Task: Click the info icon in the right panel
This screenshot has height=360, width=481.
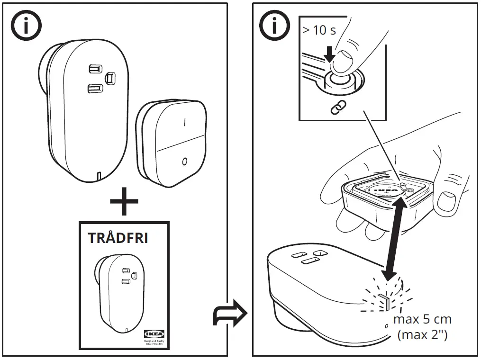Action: (274, 26)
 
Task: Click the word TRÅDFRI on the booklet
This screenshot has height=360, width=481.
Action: (118, 238)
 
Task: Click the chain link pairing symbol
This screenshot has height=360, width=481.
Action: (338, 108)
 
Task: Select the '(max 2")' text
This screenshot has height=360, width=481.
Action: (422, 335)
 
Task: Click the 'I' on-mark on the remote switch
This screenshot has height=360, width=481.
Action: (184, 123)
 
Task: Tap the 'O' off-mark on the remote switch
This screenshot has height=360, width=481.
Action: (184, 162)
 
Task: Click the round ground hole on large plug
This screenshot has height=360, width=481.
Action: (110, 77)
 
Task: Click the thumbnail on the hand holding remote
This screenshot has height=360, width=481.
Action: (445, 202)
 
